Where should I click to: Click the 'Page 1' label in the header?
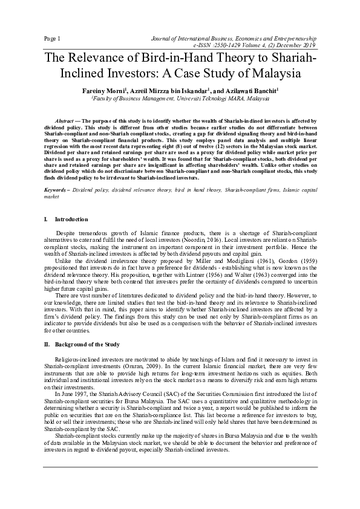[x=53, y=39]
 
